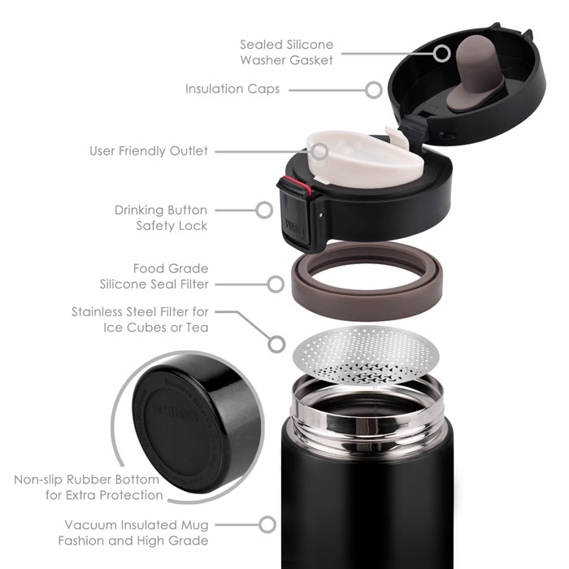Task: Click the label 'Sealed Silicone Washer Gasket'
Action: tap(286, 52)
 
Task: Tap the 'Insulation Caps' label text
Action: tap(232, 89)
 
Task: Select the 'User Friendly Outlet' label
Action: tap(149, 150)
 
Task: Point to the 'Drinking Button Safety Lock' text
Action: tap(161, 217)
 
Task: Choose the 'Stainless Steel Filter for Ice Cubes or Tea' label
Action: tap(140, 319)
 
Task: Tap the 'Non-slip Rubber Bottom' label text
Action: tap(89, 487)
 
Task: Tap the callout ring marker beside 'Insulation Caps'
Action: tap(373, 89)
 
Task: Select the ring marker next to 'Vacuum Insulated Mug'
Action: tap(265, 525)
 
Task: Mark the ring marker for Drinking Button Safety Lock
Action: tap(263, 211)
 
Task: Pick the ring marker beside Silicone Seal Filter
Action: tap(275, 284)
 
